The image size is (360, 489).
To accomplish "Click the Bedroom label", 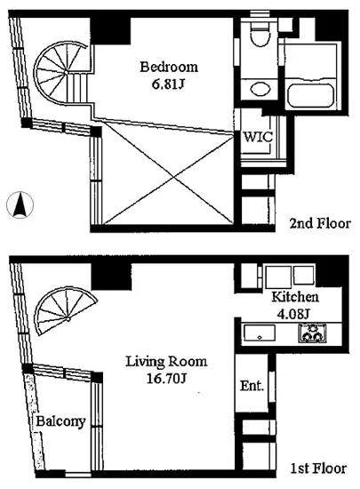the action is tap(169, 67).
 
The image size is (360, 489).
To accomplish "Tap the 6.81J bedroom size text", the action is tap(167, 84).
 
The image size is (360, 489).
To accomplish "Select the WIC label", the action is tap(258, 137).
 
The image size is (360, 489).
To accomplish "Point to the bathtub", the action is tap(311, 94).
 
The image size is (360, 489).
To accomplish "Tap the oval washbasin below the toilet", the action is tap(260, 89).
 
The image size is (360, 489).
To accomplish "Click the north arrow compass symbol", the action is tap(20, 204).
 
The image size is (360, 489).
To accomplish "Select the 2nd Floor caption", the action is tap(320, 223).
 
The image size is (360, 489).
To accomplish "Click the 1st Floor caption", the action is tap(318, 469).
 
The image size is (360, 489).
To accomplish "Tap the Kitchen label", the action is tap(295, 297).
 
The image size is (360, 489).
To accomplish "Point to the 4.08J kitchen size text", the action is tap(293, 314).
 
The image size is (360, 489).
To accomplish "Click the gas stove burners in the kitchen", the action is tap(313, 333).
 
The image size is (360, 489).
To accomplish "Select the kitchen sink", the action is tap(260, 333).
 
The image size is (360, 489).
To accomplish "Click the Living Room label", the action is tap(166, 362).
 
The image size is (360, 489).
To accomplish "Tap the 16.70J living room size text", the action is tap(166, 379).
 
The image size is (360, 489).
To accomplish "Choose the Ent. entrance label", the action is tap(252, 386).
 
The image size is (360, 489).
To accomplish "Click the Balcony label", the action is tap(60, 421).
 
